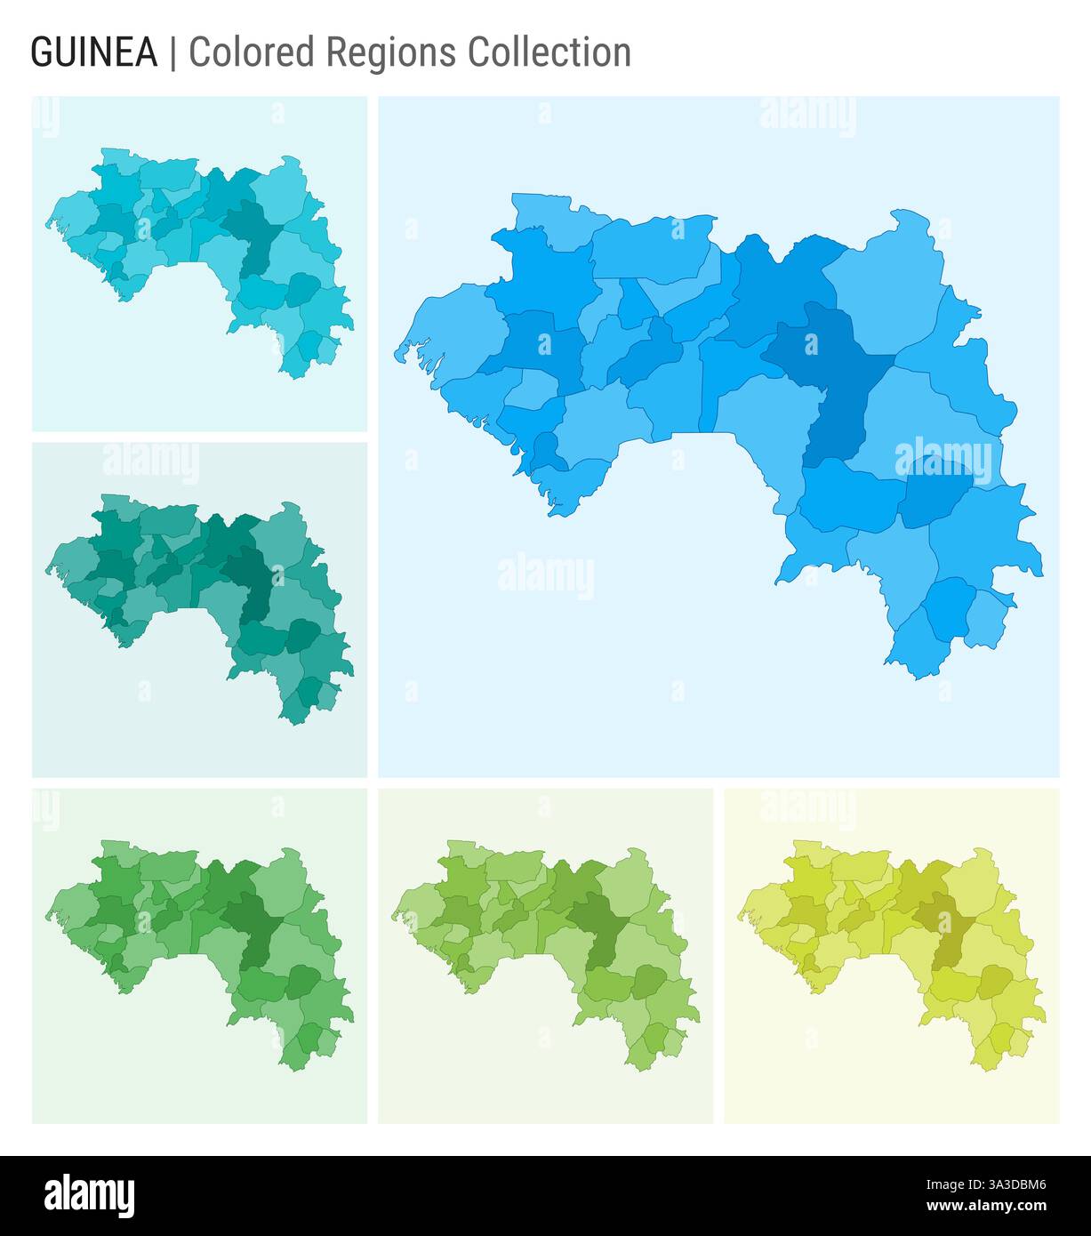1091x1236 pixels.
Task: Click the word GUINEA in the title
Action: click(x=94, y=53)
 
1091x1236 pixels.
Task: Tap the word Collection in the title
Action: click(x=550, y=53)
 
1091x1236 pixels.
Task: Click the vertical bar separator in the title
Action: click(x=172, y=53)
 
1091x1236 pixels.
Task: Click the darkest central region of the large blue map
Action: click(x=831, y=373)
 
